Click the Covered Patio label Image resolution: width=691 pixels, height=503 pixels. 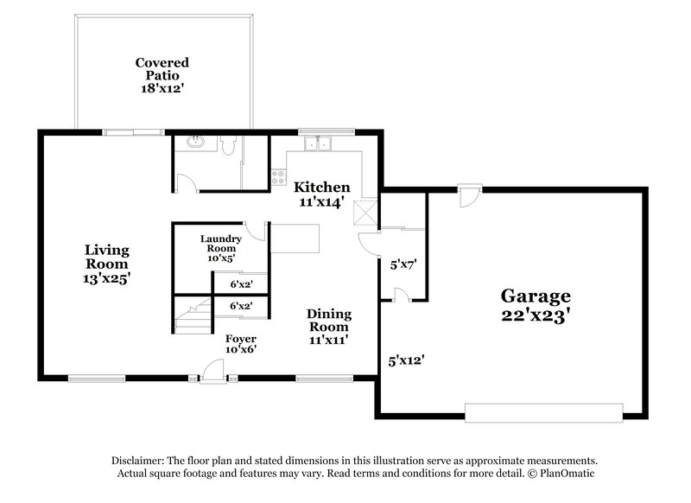point(162,75)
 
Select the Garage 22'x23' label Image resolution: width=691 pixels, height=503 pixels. point(536,306)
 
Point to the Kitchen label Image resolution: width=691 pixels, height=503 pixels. point(322,194)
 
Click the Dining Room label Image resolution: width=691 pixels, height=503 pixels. point(328,327)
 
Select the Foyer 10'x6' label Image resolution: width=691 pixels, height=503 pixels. point(240,344)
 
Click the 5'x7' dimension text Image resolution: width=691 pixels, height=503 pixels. point(403,265)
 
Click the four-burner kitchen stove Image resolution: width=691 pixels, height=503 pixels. point(279,177)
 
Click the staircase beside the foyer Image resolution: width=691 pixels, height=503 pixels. point(193,315)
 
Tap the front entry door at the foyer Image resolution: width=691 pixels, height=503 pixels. point(211,372)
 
